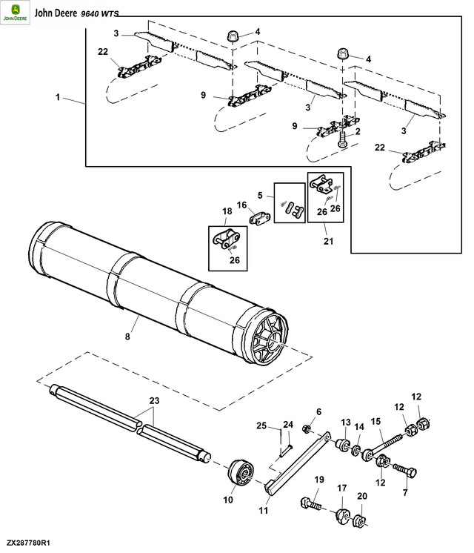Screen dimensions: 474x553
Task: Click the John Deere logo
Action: coord(15,13)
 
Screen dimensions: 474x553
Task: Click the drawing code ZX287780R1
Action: coord(28,543)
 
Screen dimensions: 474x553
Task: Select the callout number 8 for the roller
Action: coord(127,337)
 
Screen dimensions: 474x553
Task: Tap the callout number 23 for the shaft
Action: coord(154,400)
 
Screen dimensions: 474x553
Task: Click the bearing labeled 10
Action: coord(241,474)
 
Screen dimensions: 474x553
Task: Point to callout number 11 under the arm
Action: coord(263,510)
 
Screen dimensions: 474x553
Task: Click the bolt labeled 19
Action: coord(311,503)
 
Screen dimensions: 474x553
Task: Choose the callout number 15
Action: coord(375,421)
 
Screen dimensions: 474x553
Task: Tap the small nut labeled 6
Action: coord(307,429)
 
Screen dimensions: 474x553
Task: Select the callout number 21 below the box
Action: coord(328,241)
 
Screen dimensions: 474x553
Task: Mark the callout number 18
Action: coord(227,211)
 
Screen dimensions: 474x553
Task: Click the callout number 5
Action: coord(260,195)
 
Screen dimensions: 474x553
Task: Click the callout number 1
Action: coord(58,97)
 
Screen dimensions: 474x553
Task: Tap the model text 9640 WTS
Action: coord(100,14)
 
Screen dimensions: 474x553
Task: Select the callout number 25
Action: coord(261,425)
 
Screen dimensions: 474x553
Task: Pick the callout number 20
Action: coord(362,496)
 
